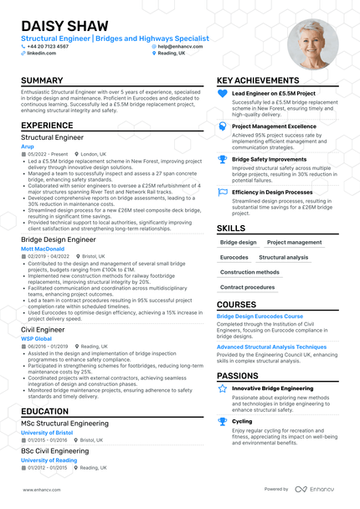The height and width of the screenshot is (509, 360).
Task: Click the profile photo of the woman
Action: coord(312,44)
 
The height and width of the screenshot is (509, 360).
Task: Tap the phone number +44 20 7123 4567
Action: coord(50,46)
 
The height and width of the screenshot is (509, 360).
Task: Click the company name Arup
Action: coord(28,146)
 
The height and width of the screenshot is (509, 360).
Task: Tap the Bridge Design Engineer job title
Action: coord(59,239)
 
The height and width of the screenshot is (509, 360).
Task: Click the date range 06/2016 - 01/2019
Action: coord(47,346)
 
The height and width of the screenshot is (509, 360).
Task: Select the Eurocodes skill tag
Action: coord(234,258)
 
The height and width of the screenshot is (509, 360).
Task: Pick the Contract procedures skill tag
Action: coord(248,287)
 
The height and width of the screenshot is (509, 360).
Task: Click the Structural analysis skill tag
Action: coord(284,258)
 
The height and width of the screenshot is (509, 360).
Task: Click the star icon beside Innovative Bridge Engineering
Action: coord(222,388)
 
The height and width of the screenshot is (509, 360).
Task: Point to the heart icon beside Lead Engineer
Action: coord(222,94)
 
